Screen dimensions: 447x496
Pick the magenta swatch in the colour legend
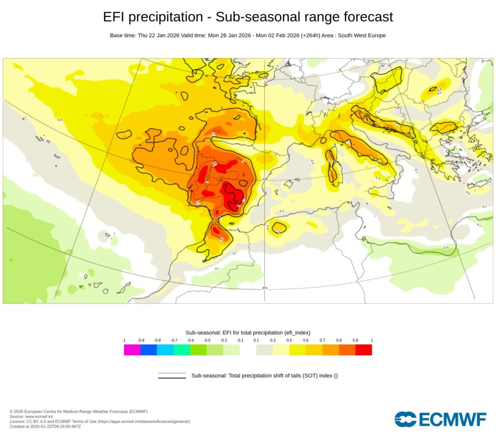point(132,350)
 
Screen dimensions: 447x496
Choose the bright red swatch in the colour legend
point(363,350)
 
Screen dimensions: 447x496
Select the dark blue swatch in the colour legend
point(149,350)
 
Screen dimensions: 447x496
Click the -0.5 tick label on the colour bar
point(207,340)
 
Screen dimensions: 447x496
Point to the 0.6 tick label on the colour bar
point(306,340)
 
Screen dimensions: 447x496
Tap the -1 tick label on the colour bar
point(124,340)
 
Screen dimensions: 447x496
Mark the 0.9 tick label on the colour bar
point(355,340)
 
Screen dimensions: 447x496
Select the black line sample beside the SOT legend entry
point(172,376)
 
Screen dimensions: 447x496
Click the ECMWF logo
point(440,419)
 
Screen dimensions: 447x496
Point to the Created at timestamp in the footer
point(45,426)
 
